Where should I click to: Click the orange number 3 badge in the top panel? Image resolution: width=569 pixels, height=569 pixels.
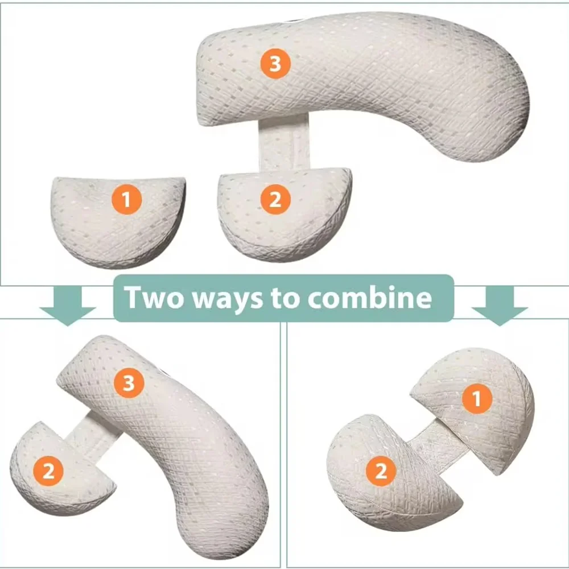275,64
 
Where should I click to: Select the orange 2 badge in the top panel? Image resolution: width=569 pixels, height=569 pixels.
275,200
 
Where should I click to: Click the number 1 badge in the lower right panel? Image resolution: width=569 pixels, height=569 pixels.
476,400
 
